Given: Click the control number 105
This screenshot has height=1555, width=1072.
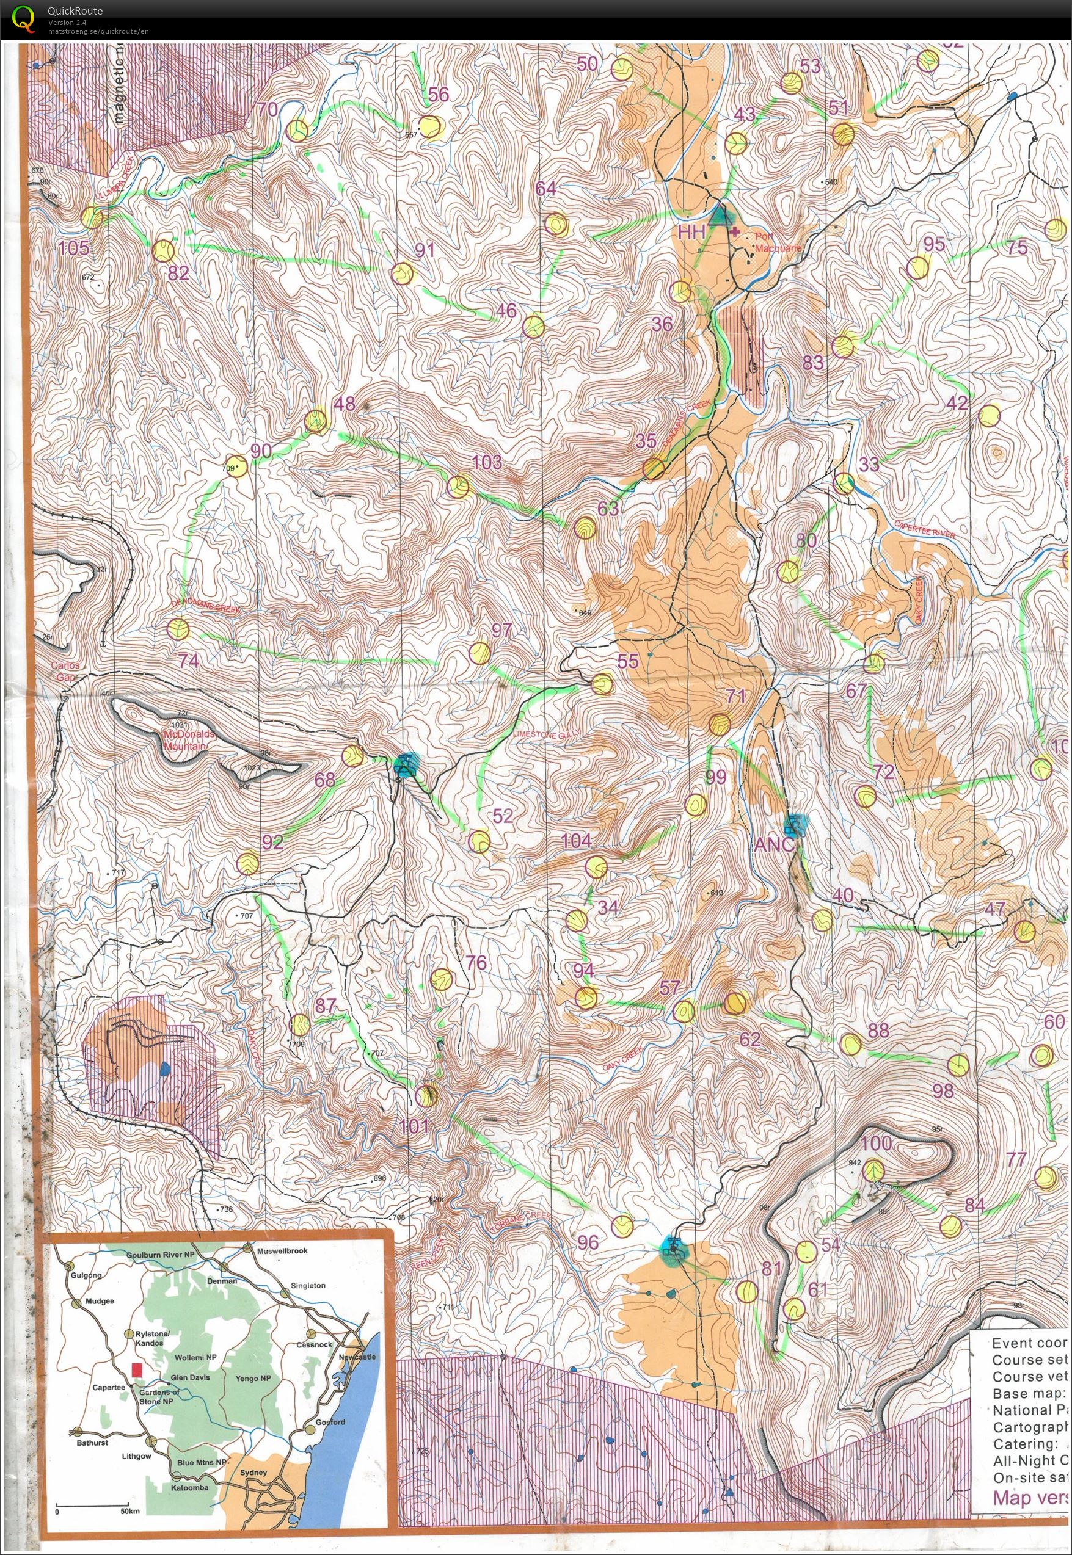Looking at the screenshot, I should (73, 248).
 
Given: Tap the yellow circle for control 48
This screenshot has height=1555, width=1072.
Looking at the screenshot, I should (315, 421).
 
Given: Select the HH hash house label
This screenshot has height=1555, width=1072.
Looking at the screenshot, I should (692, 233).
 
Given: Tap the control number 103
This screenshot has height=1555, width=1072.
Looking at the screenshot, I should (487, 462).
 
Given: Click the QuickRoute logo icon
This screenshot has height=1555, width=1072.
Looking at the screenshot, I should (23, 19).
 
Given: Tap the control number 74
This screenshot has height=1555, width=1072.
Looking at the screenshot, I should (189, 661).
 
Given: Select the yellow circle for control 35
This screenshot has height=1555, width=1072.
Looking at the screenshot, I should (654, 469).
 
